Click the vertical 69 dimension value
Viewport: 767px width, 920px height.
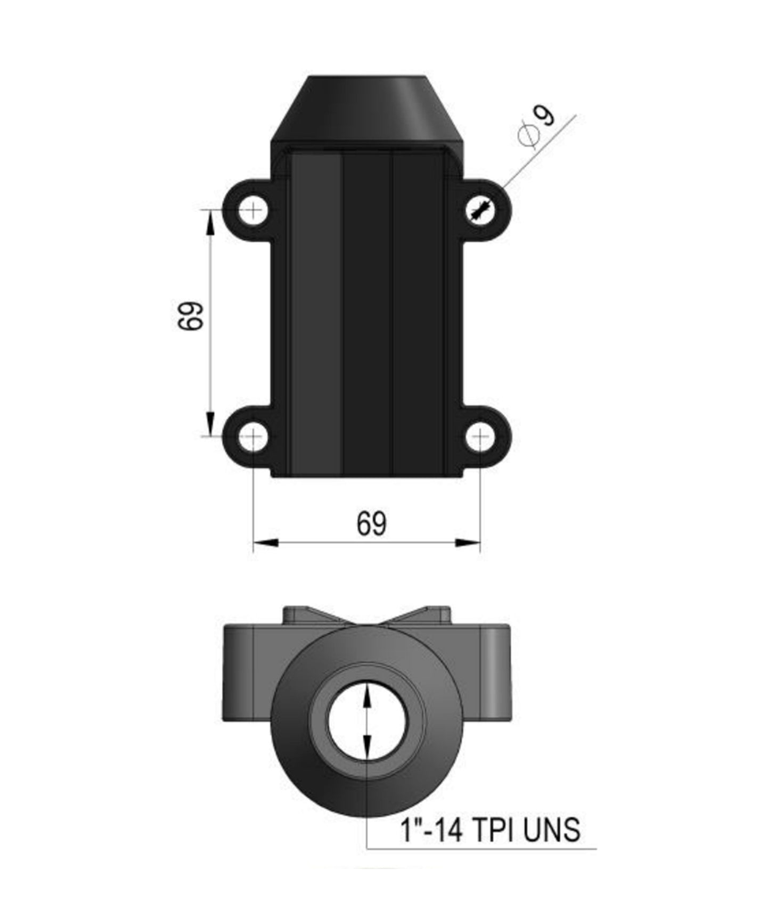[190, 316]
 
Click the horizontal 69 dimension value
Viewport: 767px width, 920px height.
[371, 524]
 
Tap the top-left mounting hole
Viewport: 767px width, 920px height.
[253, 209]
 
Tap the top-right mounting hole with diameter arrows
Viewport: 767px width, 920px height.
[481, 209]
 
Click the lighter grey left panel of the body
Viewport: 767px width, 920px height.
[315, 314]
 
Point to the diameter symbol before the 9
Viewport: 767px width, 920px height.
[528, 134]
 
